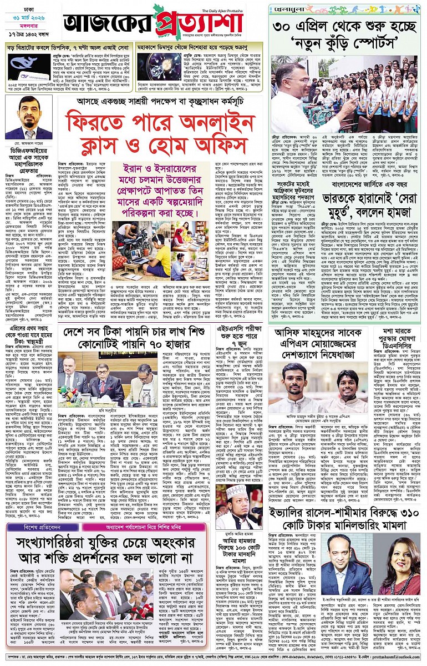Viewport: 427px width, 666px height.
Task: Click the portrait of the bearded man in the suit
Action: point(27,118)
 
